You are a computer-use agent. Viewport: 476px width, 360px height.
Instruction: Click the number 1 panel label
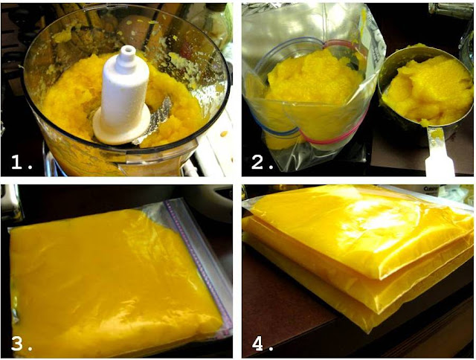click(x=22, y=162)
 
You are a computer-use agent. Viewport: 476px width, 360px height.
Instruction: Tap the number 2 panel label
click(x=263, y=162)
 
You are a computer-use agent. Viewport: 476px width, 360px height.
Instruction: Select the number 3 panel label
click(x=22, y=344)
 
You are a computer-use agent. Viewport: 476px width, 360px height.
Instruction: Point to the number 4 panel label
click(x=263, y=344)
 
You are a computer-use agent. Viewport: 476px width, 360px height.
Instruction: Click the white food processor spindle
click(x=124, y=94)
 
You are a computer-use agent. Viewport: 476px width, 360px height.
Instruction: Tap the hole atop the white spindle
click(x=128, y=48)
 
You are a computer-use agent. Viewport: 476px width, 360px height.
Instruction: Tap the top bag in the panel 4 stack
click(x=358, y=231)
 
